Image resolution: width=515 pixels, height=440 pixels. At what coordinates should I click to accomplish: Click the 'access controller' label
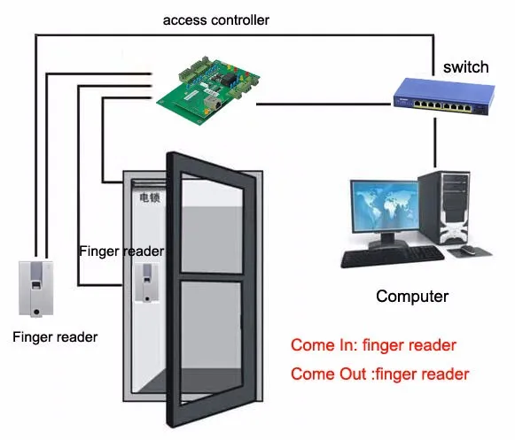click(215, 20)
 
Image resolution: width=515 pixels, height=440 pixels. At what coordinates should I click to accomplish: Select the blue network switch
click(444, 96)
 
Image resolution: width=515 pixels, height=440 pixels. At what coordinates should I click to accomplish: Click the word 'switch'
click(465, 67)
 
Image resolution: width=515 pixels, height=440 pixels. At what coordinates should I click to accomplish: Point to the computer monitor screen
click(385, 205)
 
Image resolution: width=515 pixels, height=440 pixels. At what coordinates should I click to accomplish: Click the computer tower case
click(444, 208)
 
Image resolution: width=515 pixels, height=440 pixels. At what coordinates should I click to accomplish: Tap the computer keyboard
click(393, 257)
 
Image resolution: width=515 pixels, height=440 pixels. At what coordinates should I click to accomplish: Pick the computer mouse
click(468, 250)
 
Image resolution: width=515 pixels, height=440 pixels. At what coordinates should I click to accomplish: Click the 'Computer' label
click(412, 297)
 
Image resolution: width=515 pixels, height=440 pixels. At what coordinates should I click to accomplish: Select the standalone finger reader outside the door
click(36, 289)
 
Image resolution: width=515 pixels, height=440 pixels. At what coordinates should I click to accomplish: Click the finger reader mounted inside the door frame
click(147, 282)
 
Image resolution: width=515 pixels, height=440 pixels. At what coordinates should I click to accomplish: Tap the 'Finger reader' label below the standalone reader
click(55, 337)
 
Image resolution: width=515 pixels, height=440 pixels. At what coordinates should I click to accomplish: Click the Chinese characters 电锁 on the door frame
click(150, 197)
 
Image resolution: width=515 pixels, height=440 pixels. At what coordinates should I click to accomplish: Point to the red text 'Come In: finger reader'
click(373, 345)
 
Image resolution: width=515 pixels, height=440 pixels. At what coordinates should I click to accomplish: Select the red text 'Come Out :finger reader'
click(380, 374)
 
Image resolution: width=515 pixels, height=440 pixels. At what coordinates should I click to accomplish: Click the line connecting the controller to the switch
click(324, 104)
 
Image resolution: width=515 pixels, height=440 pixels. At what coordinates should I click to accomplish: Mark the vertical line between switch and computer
click(435, 143)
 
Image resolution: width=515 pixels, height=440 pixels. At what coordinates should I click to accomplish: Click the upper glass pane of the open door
click(212, 227)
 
